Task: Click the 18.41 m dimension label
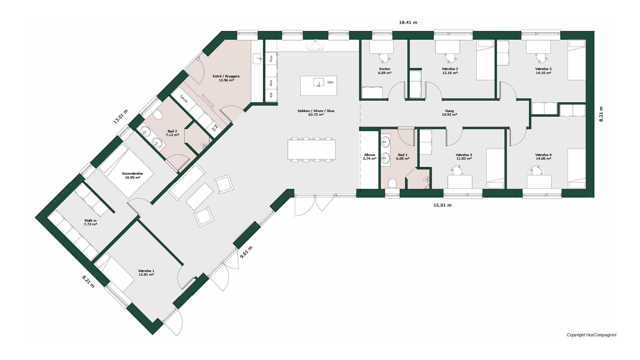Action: tap(408, 23)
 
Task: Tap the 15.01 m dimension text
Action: tap(442, 205)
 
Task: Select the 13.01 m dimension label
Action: tap(121, 117)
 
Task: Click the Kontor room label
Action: tap(385, 69)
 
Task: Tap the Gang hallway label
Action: tap(449, 111)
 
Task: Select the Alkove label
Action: tap(369, 155)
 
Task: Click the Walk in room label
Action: tap(90, 221)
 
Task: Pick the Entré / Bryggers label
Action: tap(226, 76)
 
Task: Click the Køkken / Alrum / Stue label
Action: tap(316, 111)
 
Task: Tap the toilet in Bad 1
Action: tap(392, 184)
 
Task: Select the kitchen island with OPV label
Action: tap(318, 86)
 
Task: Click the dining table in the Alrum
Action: tap(312, 150)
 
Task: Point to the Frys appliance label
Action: tap(271, 59)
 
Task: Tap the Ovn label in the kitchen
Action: tap(271, 83)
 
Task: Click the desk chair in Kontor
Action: tap(384, 58)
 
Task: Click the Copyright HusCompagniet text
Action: tap(592, 335)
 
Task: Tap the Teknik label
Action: tap(184, 99)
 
